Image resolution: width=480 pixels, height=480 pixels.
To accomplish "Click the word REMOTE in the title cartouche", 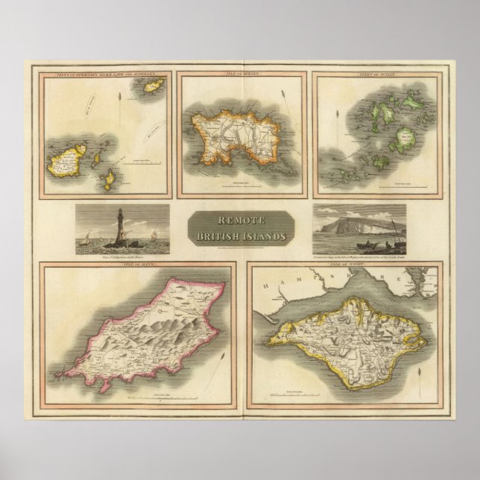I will pos(239,221).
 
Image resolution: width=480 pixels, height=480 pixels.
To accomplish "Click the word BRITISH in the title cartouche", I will pos(225,235).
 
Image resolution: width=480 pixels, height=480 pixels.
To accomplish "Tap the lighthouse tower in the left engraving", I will pos(119,224).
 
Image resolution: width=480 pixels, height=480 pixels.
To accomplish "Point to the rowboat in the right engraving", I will pos(357,245).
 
